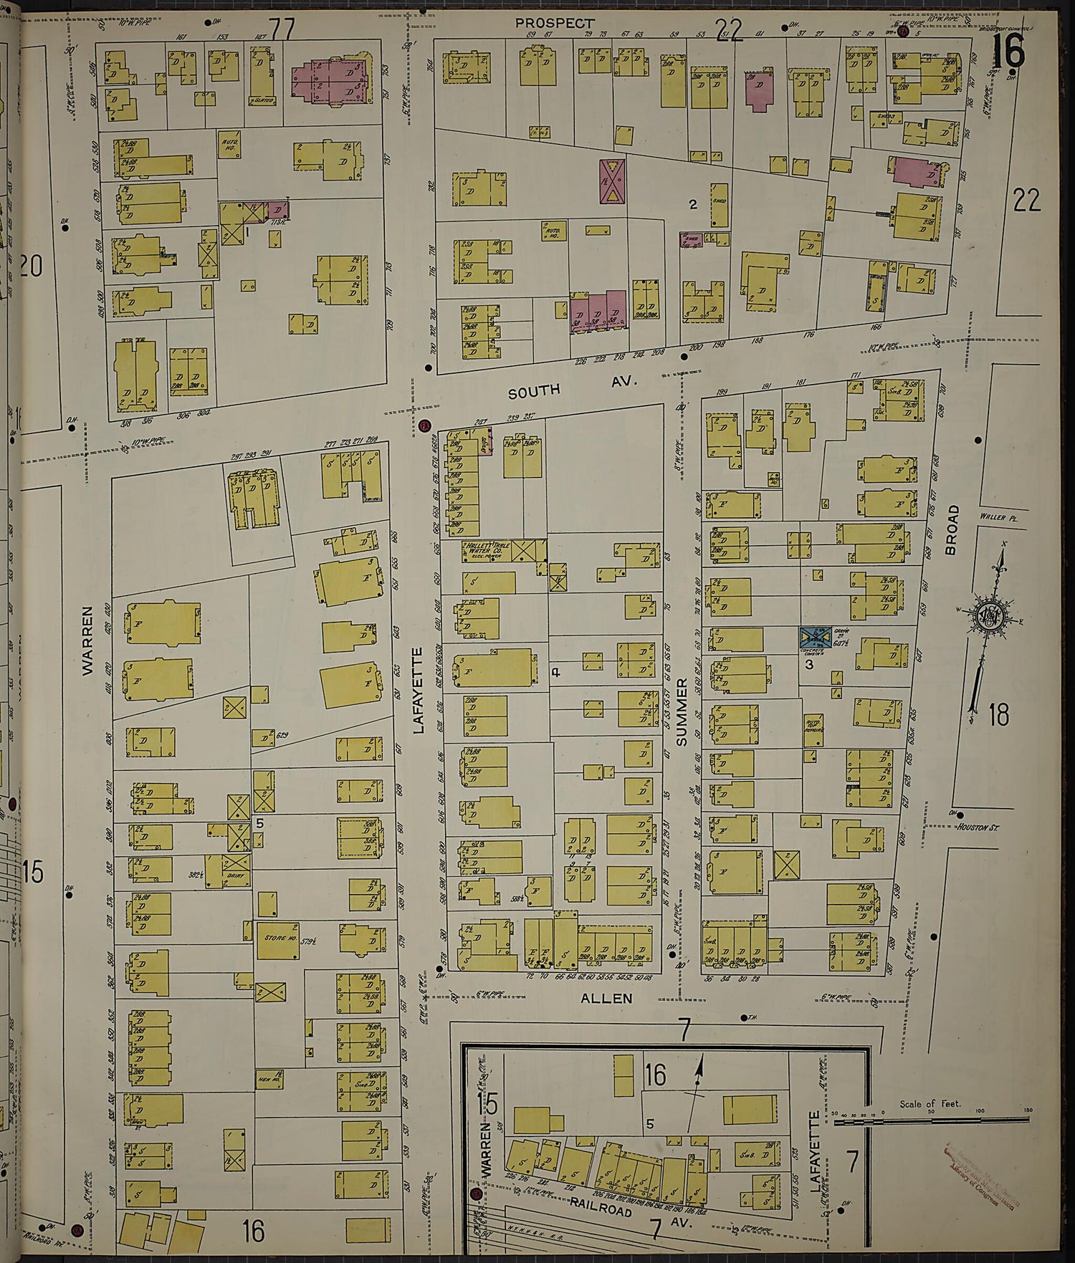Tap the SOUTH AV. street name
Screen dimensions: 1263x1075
[x=573, y=388]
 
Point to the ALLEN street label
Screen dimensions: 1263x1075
[x=596, y=998]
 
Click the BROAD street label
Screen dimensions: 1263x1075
[x=952, y=530]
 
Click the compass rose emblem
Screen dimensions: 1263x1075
[x=994, y=613]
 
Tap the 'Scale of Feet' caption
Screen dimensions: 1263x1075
[x=930, y=1104]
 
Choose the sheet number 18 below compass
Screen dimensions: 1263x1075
[x=998, y=714]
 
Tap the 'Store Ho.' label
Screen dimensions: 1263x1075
[x=274, y=936]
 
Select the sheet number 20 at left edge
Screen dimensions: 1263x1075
[x=32, y=266]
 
